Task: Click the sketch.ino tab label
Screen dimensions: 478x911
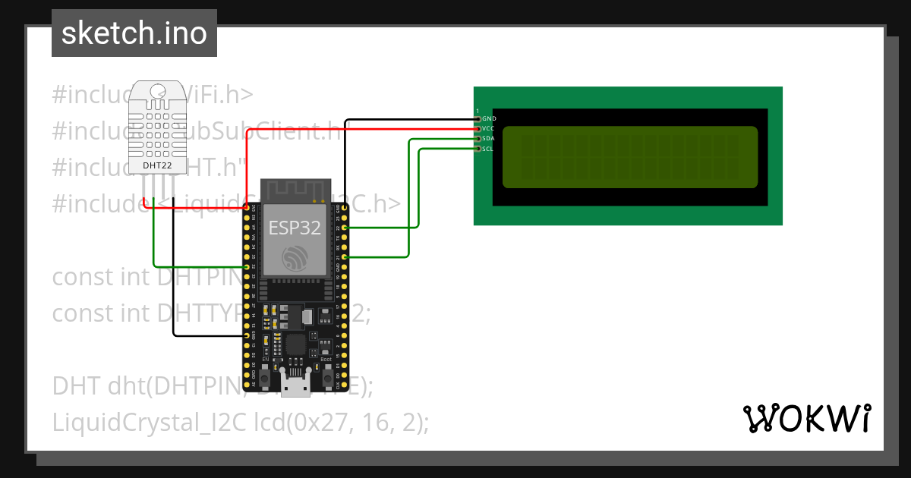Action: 134,33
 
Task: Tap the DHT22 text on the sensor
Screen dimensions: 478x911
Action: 156,164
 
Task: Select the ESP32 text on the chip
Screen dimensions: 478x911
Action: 294,227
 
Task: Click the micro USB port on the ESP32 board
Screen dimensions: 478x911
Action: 295,385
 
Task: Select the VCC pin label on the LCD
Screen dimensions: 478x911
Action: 488,129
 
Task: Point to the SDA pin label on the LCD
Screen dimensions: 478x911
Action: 488,139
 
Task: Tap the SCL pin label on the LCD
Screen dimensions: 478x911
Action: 488,149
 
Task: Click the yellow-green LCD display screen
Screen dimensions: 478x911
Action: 629,157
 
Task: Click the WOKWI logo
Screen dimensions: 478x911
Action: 805,419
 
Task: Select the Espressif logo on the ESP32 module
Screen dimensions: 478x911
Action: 293,259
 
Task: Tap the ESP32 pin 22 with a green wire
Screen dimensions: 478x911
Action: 345,228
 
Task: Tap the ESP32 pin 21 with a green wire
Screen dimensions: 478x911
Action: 345,258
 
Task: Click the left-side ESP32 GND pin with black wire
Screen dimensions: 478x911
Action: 247,335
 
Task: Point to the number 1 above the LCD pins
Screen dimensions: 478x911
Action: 478,112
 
